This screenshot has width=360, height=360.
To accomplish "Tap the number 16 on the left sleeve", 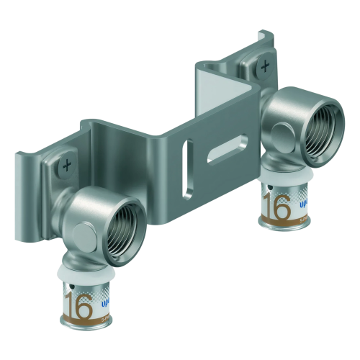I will point(80,307).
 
